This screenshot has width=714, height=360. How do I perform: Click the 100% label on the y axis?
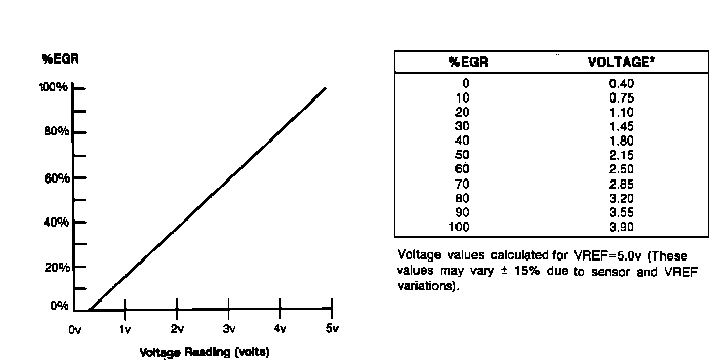[53, 88]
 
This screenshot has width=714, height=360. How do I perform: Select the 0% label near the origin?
[60, 306]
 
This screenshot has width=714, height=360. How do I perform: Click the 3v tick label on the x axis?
[229, 329]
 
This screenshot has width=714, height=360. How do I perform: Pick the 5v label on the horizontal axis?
[332, 329]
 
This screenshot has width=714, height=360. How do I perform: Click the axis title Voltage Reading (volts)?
[204, 352]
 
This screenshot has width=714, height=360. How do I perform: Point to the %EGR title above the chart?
[60, 58]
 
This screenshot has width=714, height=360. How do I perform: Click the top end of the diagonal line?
[325, 89]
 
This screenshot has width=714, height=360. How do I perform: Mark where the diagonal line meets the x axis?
[89, 310]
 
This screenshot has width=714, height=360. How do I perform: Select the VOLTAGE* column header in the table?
[622, 62]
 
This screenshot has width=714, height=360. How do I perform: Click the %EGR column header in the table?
[468, 62]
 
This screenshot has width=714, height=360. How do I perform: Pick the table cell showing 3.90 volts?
[622, 227]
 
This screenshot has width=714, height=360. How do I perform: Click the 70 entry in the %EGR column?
[462, 184]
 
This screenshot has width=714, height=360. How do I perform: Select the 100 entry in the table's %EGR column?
[460, 227]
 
